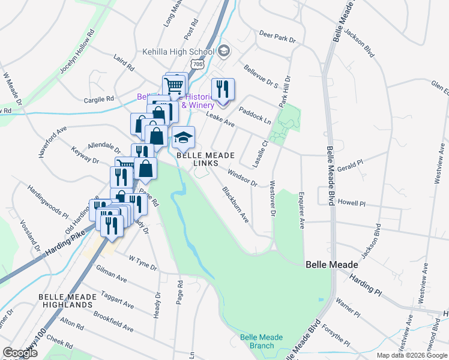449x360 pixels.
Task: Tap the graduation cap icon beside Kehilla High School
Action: (223, 50)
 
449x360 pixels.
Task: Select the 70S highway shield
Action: (199, 63)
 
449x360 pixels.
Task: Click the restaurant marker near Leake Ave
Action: (223, 90)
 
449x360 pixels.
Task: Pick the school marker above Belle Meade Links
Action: (184, 138)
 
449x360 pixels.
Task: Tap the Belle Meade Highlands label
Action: (66, 301)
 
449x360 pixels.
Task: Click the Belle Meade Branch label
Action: (261, 341)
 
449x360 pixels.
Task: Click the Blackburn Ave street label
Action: (236, 205)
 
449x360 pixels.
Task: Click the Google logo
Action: (20, 353)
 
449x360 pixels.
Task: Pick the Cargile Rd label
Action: (98, 99)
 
